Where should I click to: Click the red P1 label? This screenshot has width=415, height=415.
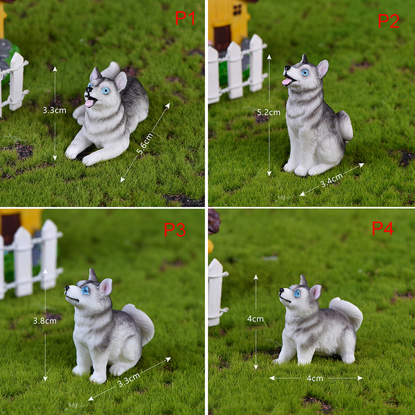tap(185, 18)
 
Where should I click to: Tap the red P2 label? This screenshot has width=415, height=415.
tap(388, 21)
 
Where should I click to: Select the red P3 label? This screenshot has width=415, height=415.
tap(174, 229)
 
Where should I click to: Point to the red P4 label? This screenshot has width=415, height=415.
tap(382, 228)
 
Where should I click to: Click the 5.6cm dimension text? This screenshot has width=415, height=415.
tap(145, 144)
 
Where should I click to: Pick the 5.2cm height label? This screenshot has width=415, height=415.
tap(269, 112)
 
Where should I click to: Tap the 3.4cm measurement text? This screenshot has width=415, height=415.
tap(331, 180)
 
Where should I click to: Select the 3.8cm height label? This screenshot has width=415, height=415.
tap(45, 321)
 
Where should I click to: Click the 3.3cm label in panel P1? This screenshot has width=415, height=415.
tap(54, 110)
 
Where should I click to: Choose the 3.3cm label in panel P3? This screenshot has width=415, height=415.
tap(129, 380)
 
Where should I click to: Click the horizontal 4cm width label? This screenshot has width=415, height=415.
tap(315, 378)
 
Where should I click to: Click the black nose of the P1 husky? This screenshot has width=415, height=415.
tap(88, 90)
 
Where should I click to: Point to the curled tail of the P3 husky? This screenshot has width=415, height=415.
tap(140, 322)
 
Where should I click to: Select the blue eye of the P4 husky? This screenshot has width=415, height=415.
tap(297, 293)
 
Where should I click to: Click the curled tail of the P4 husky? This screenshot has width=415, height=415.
tap(348, 312)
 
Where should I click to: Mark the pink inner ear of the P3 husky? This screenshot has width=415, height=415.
tap(106, 287)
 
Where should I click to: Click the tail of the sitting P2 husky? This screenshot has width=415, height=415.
tap(345, 126)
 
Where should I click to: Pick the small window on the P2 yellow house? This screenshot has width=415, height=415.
tap(237, 9)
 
